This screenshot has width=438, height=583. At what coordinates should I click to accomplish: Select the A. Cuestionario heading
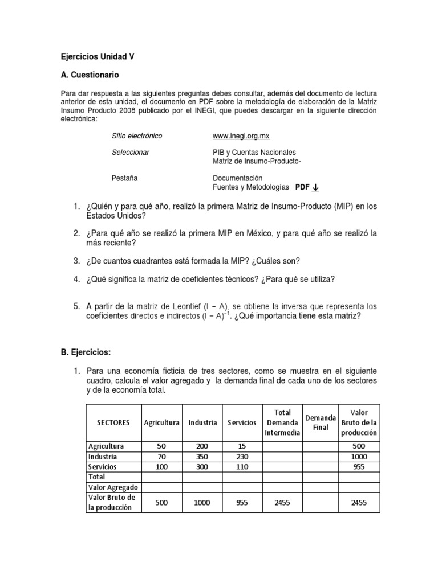[x=90, y=75]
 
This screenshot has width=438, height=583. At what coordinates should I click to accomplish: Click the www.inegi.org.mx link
[x=240, y=136]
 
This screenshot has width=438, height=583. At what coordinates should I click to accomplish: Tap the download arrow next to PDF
[x=316, y=187]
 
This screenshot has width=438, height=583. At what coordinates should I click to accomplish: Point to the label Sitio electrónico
[x=137, y=136]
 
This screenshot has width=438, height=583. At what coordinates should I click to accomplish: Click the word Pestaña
[x=124, y=178]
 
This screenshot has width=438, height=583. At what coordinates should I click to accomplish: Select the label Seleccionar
[x=131, y=153]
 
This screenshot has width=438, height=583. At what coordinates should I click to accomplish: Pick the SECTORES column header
[x=113, y=422]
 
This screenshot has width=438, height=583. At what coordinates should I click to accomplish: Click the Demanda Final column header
[x=320, y=422]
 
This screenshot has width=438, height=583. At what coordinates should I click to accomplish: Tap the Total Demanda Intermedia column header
[x=282, y=422]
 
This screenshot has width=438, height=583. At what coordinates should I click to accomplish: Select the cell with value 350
[x=202, y=457]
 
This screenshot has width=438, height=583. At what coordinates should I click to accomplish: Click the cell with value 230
[x=241, y=457]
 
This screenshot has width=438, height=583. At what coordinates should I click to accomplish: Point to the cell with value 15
[x=241, y=446]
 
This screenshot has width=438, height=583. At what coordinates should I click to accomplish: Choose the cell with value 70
[x=161, y=457]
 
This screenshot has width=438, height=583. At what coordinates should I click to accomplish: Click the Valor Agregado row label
[x=113, y=487]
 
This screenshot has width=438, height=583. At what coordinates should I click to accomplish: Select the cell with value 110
[x=241, y=467]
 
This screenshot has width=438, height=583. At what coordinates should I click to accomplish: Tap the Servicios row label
[x=103, y=467]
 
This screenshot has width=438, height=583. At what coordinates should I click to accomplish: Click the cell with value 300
[x=202, y=467]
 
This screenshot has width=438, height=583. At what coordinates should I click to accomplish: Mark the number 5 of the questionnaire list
[x=76, y=306]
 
